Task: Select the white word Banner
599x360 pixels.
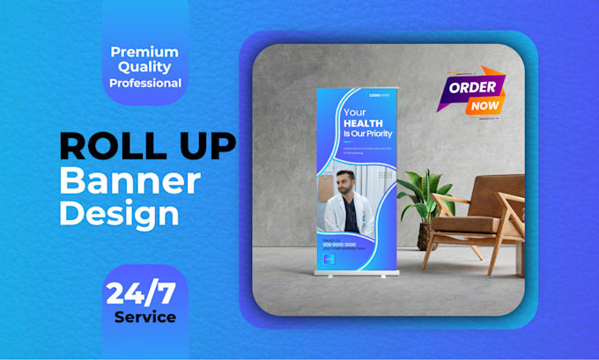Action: click(x=129, y=180)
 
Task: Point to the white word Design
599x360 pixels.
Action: click(x=119, y=212)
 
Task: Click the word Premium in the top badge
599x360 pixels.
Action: click(x=144, y=52)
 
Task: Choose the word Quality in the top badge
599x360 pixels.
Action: click(x=144, y=68)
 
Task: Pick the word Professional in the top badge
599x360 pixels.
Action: click(x=145, y=84)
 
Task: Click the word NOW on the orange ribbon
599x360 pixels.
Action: click(x=484, y=106)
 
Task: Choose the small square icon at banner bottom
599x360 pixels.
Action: click(x=328, y=260)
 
